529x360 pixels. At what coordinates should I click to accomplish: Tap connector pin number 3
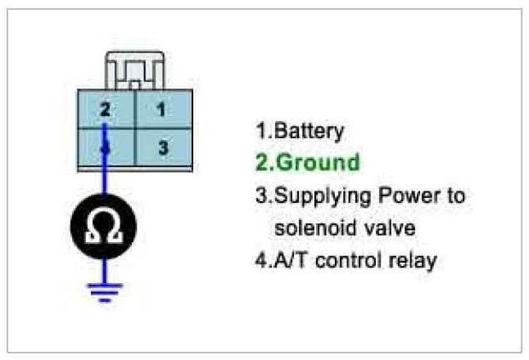tap(162, 148)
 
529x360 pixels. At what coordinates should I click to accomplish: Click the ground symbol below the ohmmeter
tap(105, 291)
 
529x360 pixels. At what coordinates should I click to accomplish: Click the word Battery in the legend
tap(310, 131)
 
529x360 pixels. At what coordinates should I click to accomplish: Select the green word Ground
tap(319, 163)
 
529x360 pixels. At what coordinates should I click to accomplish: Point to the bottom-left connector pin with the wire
tap(105, 148)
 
